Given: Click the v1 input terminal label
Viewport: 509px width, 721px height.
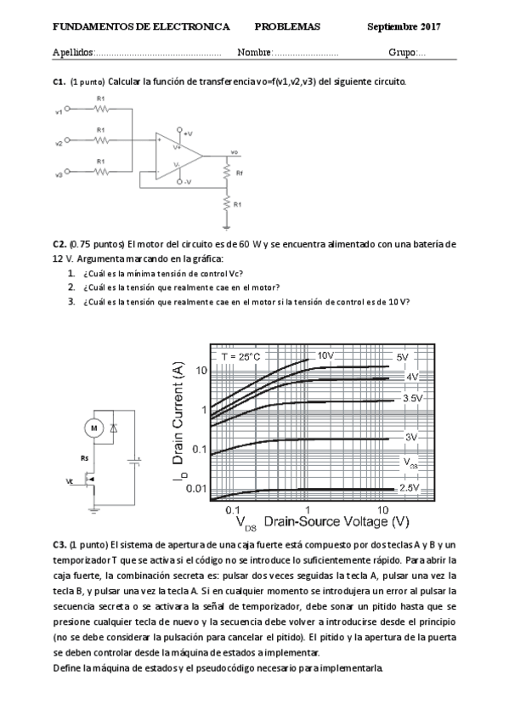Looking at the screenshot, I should [58, 111].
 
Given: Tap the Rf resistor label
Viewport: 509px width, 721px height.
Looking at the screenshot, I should [240, 173].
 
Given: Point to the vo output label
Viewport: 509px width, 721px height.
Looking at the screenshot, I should [234, 152].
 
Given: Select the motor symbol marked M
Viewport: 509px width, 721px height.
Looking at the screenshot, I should [95, 427].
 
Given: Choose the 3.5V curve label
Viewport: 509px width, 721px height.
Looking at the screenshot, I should [412, 398].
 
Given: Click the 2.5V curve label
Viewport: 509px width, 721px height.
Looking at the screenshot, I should [410, 488].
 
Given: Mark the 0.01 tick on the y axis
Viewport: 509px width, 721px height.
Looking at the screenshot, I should [196, 488].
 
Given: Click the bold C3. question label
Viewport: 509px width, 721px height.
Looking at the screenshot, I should [59, 543].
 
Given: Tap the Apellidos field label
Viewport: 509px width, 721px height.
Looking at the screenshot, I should [73, 53].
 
